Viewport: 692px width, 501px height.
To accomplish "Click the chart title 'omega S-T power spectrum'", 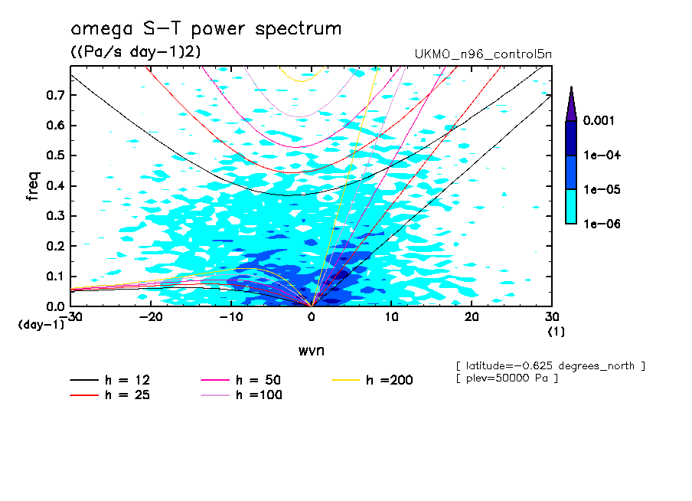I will tap(205, 30).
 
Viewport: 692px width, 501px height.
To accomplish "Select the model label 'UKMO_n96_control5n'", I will tap(482, 55).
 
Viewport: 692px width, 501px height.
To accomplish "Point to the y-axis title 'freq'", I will tap(31, 186).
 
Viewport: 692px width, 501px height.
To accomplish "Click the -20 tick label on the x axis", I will tap(150, 317).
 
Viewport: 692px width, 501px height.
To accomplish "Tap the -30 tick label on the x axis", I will tap(70, 317).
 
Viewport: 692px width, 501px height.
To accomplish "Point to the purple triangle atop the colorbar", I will tap(571, 103).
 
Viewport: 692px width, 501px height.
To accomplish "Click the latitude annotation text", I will tap(550, 366).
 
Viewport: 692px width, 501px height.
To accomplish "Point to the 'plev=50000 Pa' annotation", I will tap(506, 379).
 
